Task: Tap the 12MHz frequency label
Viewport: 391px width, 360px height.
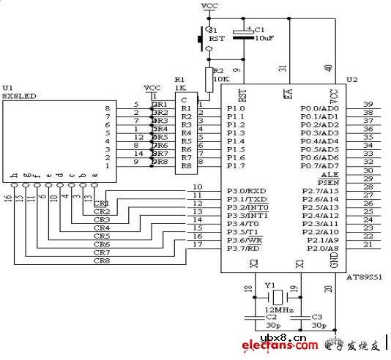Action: (279, 310)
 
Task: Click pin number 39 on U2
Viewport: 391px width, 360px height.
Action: (368, 104)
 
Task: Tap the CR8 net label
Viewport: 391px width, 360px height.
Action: (101, 260)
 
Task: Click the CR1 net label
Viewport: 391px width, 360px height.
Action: (101, 203)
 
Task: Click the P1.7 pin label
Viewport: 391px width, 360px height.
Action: (235, 166)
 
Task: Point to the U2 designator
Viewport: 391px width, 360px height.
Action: (352, 79)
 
